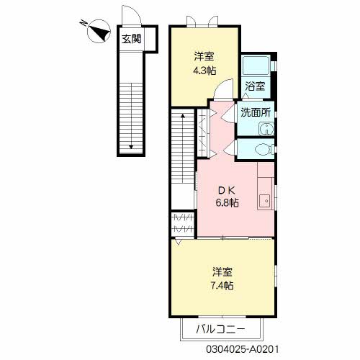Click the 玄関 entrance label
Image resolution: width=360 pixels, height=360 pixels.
pyautogui.click(x=131, y=39)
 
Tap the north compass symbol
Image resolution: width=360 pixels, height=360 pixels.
pyautogui.click(x=99, y=31)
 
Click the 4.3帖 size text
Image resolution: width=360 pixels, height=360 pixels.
pyautogui.click(x=204, y=71)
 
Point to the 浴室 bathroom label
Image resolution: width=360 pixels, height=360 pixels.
pyautogui.click(x=255, y=86)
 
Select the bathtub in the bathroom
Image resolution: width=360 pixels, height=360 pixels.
pyautogui.click(x=256, y=66)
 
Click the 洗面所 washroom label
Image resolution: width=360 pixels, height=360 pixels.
pyautogui.click(x=256, y=112)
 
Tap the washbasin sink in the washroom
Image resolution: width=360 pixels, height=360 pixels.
pyautogui.click(x=266, y=129)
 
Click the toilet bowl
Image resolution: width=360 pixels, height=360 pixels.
pyautogui.click(x=264, y=149)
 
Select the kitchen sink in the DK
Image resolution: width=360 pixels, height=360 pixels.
pyautogui.click(x=265, y=201)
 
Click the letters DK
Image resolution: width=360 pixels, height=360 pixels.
pyautogui.click(x=227, y=190)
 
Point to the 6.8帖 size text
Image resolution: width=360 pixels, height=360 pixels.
pyautogui.click(x=227, y=203)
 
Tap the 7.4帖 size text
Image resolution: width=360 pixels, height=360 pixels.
pyautogui.click(x=222, y=286)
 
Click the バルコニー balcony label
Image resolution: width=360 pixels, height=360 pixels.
pyautogui.click(x=220, y=329)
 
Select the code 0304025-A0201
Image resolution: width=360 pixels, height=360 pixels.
pyautogui.click(x=243, y=349)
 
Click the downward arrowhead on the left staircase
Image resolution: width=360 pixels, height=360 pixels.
pyautogui.click(x=131, y=147)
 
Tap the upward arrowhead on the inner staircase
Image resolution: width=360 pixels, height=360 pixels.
pyautogui.click(x=183, y=116)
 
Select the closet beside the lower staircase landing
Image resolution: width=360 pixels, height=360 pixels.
pyautogui.click(x=183, y=224)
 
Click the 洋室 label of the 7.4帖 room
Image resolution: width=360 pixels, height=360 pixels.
pyautogui.click(x=222, y=272)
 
